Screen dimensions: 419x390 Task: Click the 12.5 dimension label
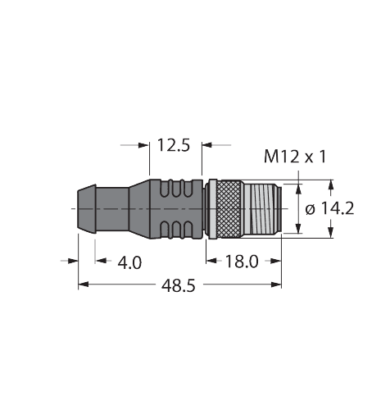(x=173, y=146)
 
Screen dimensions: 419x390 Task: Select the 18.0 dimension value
(x=242, y=262)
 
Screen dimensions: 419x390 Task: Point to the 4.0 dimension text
(x=129, y=262)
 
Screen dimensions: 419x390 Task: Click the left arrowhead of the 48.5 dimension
(x=83, y=285)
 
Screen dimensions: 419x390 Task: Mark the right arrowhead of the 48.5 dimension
(x=278, y=285)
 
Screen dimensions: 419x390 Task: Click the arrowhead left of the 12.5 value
(x=147, y=146)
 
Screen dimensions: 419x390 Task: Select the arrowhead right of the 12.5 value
(x=205, y=146)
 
